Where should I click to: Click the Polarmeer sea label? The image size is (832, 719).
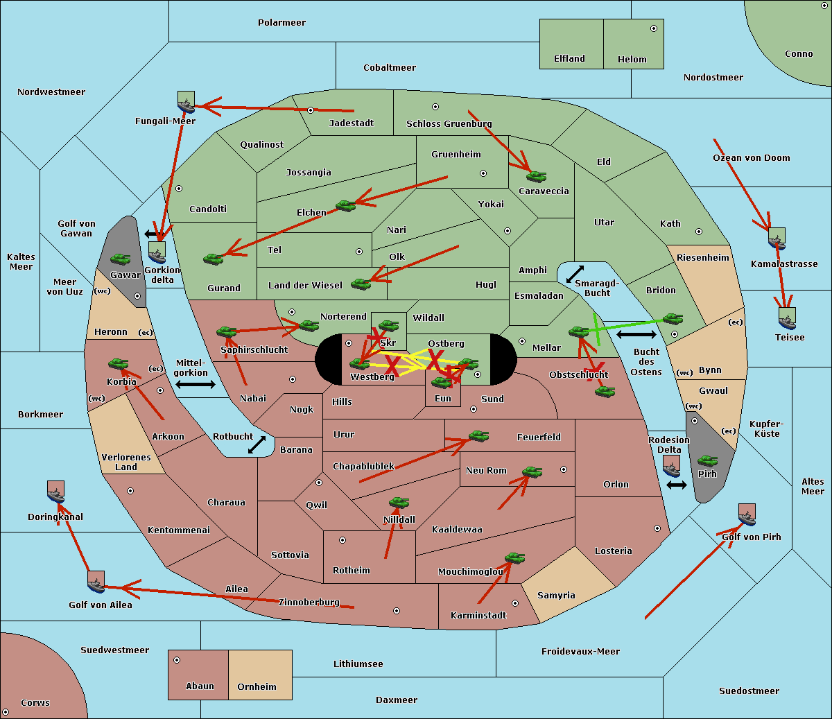pyautogui.click(x=281, y=23)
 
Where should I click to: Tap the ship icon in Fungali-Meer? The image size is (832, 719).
pyautogui.click(x=186, y=103)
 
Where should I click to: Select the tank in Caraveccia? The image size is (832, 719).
pyautogui.click(x=536, y=177)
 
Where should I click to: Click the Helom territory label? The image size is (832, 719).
pyautogui.click(x=632, y=60)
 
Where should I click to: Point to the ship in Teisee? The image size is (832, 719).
pyautogui.click(x=787, y=319)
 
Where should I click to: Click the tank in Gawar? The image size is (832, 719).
pyautogui.click(x=121, y=259)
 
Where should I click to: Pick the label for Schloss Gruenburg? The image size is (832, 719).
pyautogui.click(x=449, y=124)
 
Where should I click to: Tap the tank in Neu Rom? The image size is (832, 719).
pyautogui.click(x=532, y=472)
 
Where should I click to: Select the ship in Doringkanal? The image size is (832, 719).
pyautogui.click(x=55, y=492)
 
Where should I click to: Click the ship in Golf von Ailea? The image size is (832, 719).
pyautogui.click(x=96, y=582)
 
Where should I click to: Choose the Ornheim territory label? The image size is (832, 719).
pyautogui.click(x=257, y=687)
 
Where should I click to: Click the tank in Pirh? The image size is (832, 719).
pyautogui.click(x=707, y=461)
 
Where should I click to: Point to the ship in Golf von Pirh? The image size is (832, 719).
pyautogui.click(x=747, y=515)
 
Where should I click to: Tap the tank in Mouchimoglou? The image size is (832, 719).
pyautogui.click(x=514, y=558)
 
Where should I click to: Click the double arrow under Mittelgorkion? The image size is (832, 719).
pyautogui.click(x=196, y=385)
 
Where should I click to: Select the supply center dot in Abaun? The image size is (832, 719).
pyautogui.click(x=177, y=660)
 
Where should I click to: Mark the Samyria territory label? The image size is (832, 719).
pyautogui.click(x=556, y=596)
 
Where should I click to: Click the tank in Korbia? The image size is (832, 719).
pyautogui.click(x=119, y=364)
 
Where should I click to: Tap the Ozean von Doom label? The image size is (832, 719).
pyautogui.click(x=752, y=158)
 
